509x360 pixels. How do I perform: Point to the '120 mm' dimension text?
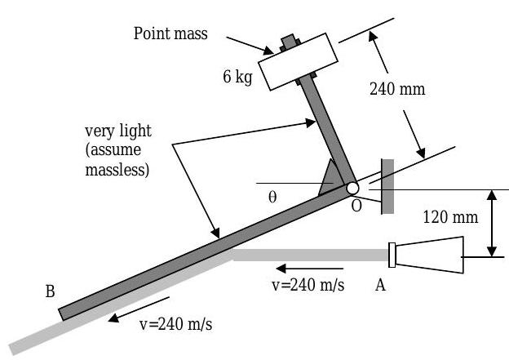[450, 217]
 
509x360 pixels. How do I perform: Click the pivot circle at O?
[352, 188]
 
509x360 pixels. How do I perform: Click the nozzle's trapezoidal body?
[430, 256]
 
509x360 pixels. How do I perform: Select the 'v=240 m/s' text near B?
[176, 324]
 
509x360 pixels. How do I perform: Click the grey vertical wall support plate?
[387, 184]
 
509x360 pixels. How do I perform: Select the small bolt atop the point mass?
[288, 40]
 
